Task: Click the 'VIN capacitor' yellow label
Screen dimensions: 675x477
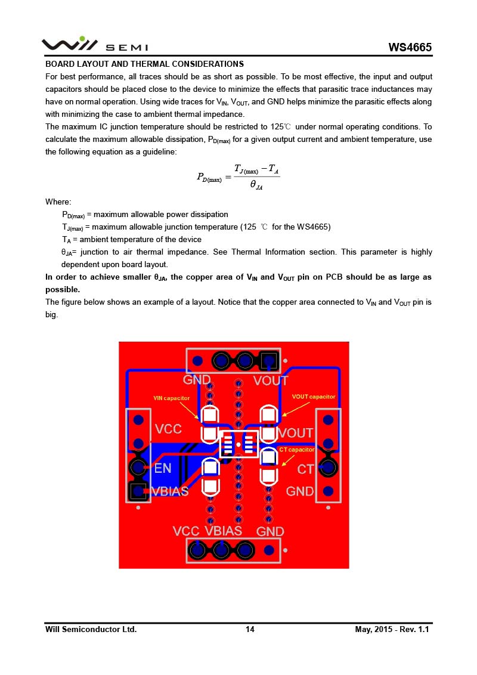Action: click(x=172, y=398)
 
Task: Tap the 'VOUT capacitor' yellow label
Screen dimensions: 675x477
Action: click(x=314, y=397)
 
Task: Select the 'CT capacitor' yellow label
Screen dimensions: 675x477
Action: click(x=296, y=450)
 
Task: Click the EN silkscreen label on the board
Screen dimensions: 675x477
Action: click(x=163, y=469)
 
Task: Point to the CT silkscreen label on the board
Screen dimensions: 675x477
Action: click(x=305, y=469)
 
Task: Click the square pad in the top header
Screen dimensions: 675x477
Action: click(x=269, y=360)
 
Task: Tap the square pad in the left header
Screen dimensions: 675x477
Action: click(x=138, y=491)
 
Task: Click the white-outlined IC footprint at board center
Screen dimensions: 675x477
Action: click(x=238, y=444)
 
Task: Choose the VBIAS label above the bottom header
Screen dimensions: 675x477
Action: click(x=223, y=531)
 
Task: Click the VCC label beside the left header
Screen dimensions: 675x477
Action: click(x=168, y=429)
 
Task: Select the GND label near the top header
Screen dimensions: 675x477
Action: click(x=197, y=380)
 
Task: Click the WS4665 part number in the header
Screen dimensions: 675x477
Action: click(x=410, y=47)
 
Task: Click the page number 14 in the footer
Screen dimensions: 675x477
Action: click(x=250, y=629)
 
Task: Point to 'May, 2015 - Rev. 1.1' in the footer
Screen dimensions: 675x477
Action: click(x=392, y=629)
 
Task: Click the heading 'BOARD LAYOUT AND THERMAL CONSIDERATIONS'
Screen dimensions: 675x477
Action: click(x=144, y=64)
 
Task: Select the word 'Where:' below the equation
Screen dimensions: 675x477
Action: click(x=58, y=202)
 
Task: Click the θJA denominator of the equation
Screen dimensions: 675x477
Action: click(x=256, y=185)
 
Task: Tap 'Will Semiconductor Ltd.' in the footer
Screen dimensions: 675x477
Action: click(x=91, y=629)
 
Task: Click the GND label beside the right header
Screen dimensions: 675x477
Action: click(x=299, y=491)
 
